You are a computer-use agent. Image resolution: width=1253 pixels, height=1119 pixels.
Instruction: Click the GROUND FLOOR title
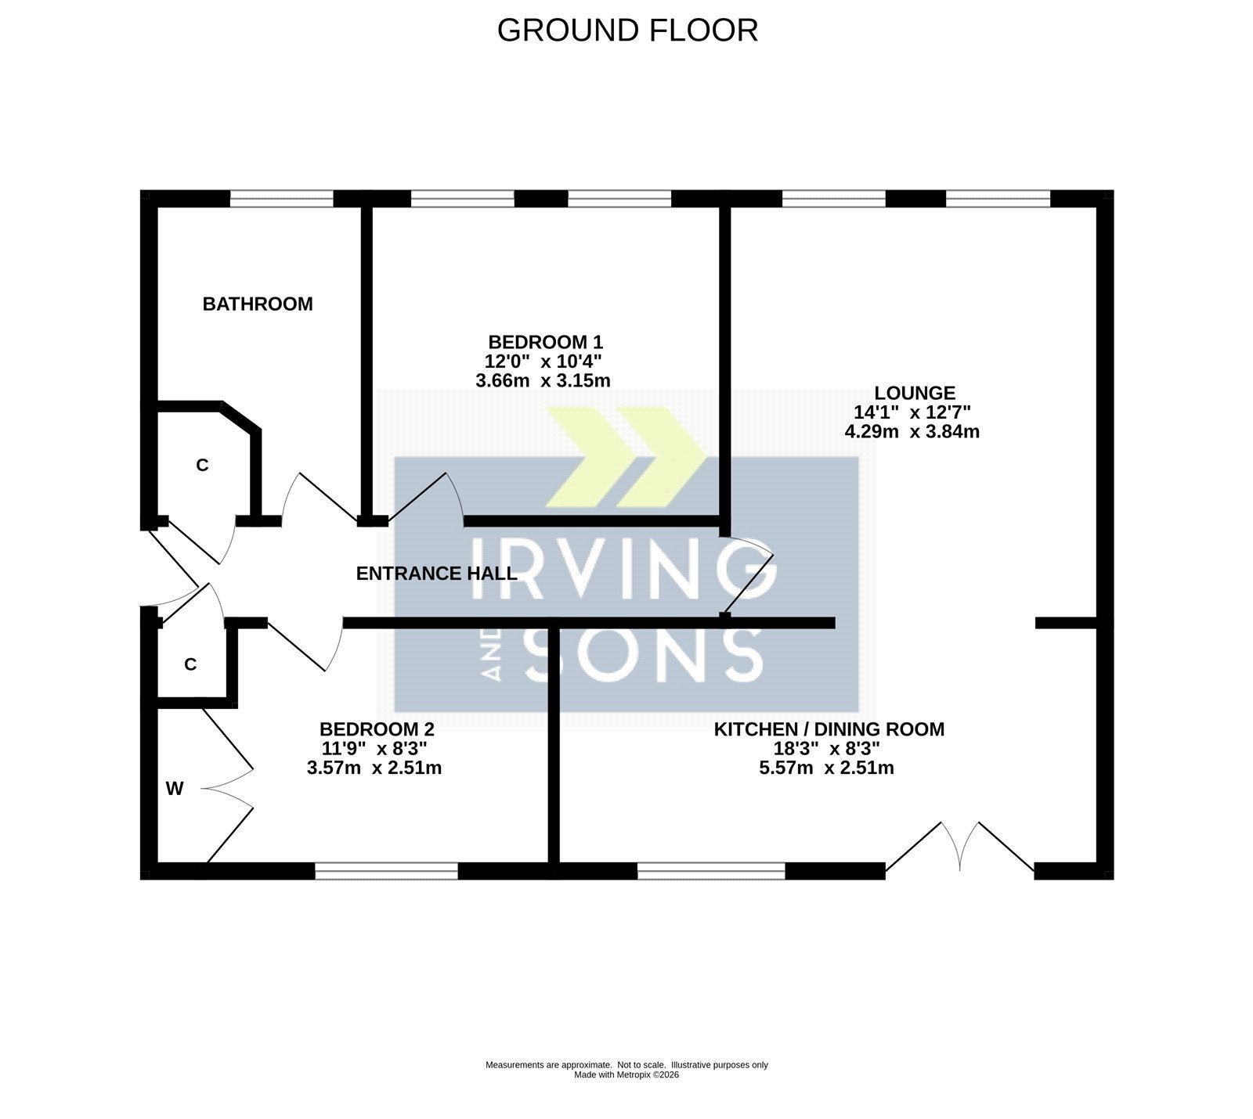click(627, 31)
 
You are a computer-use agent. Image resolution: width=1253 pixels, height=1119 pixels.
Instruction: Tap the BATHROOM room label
click(258, 304)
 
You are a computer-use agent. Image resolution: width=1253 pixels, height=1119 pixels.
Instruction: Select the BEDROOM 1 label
click(545, 342)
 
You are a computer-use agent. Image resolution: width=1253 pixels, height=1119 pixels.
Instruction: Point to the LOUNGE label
click(915, 393)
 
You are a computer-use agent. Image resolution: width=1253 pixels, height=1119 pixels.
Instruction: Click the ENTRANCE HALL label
click(436, 574)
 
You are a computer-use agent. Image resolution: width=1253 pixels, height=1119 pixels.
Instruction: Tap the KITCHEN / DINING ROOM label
click(829, 729)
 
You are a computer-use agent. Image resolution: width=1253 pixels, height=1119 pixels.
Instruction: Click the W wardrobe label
click(175, 789)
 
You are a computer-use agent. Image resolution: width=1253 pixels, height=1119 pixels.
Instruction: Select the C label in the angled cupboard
click(202, 466)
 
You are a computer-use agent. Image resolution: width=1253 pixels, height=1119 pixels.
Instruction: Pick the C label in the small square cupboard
click(190, 664)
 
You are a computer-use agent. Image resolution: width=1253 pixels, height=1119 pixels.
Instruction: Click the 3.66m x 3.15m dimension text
click(543, 381)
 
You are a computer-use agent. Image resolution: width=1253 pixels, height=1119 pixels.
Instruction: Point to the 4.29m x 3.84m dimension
click(912, 431)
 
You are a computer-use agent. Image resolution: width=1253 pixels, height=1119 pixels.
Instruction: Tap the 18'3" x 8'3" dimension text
click(827, 749)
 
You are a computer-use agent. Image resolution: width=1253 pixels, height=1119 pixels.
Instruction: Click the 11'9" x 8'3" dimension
click(374, 749)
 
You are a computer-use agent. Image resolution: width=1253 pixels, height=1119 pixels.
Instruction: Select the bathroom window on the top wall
click(282, 200)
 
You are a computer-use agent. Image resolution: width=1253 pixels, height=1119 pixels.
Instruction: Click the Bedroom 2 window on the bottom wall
click(386, 871)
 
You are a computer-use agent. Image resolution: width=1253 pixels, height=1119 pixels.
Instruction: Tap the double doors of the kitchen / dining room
click(960, 847)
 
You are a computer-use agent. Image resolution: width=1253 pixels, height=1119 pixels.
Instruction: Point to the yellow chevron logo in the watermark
click(625, 457)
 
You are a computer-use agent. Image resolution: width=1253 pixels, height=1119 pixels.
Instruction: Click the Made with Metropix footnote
click(626, 1075)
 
